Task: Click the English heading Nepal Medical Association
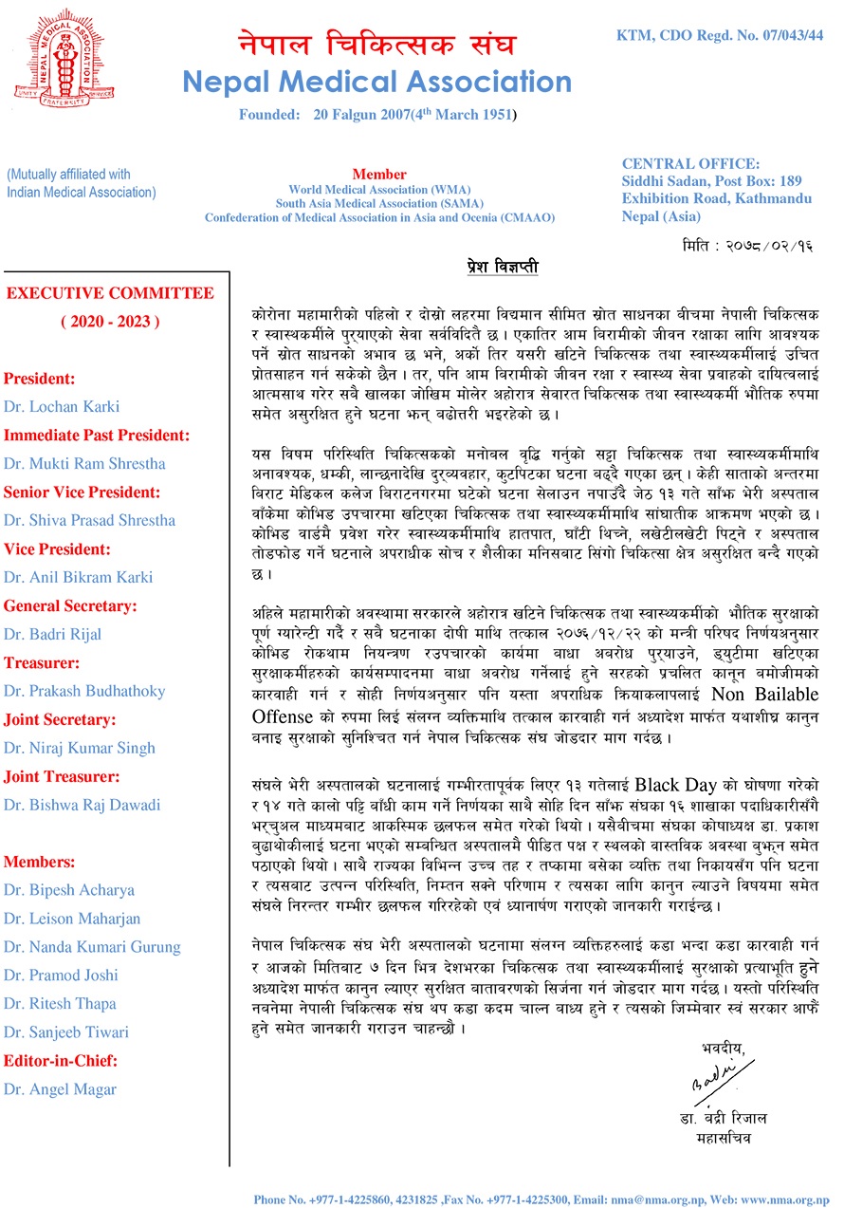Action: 376,83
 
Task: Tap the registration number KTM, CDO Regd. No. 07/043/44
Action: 720,35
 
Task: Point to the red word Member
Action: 379,175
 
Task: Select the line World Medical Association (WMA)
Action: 379,189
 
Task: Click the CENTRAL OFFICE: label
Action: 690,163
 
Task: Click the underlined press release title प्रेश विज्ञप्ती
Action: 503,269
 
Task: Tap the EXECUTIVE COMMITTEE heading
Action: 110,293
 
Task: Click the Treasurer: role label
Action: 42,663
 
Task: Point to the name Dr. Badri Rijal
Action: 52,634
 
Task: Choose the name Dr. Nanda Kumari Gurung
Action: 92,947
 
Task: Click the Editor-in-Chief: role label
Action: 61,1061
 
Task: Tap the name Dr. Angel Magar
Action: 60,1089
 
